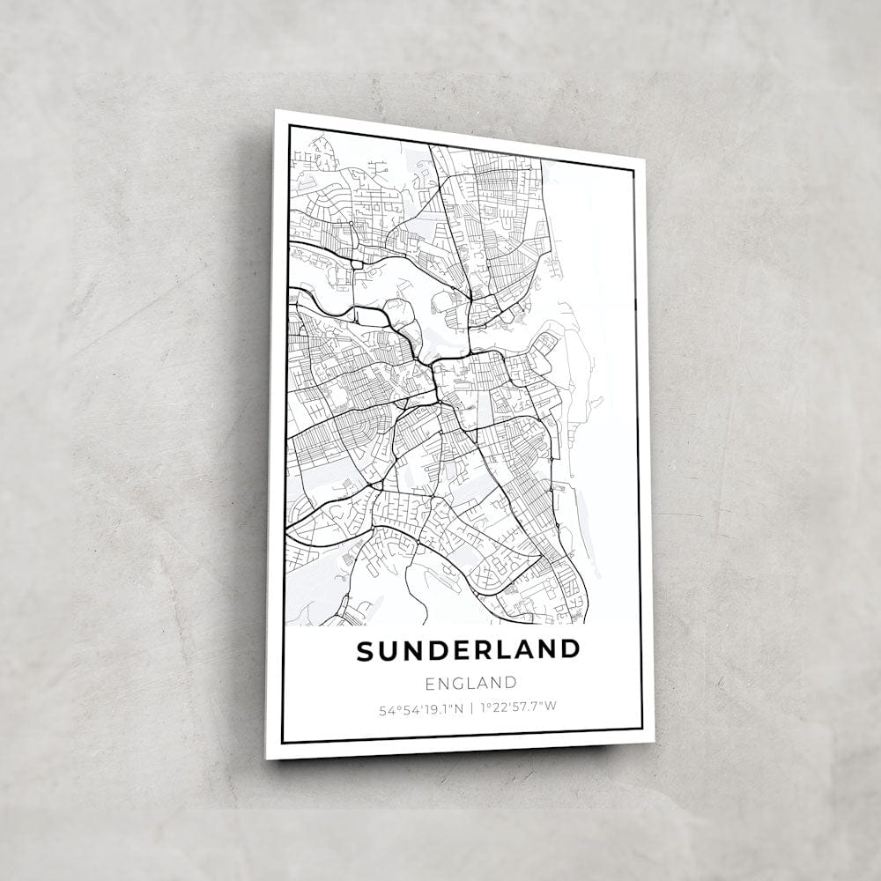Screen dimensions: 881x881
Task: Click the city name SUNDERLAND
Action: pyautogui.click(x=469, y=651)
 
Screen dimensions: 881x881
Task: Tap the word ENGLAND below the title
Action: pyautogui.click(x=470, y=683)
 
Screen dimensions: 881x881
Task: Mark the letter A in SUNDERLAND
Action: pyautogui.click(x=525, y=650)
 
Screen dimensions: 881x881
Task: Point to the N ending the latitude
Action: pyautogui.click(x=459, y=707)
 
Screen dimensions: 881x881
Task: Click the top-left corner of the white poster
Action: pyautogui.click(x=276, y=110)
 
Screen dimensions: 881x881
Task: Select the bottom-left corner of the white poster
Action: pyautogui.click(x=266, y=759)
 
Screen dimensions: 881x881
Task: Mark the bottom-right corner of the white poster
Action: pyautogui.click(x=654, y=741)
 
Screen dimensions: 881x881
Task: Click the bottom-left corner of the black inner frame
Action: pyautogui.click(x=282, y=742)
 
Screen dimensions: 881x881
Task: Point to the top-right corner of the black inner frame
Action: pyautogui.click(x=634, y=171)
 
